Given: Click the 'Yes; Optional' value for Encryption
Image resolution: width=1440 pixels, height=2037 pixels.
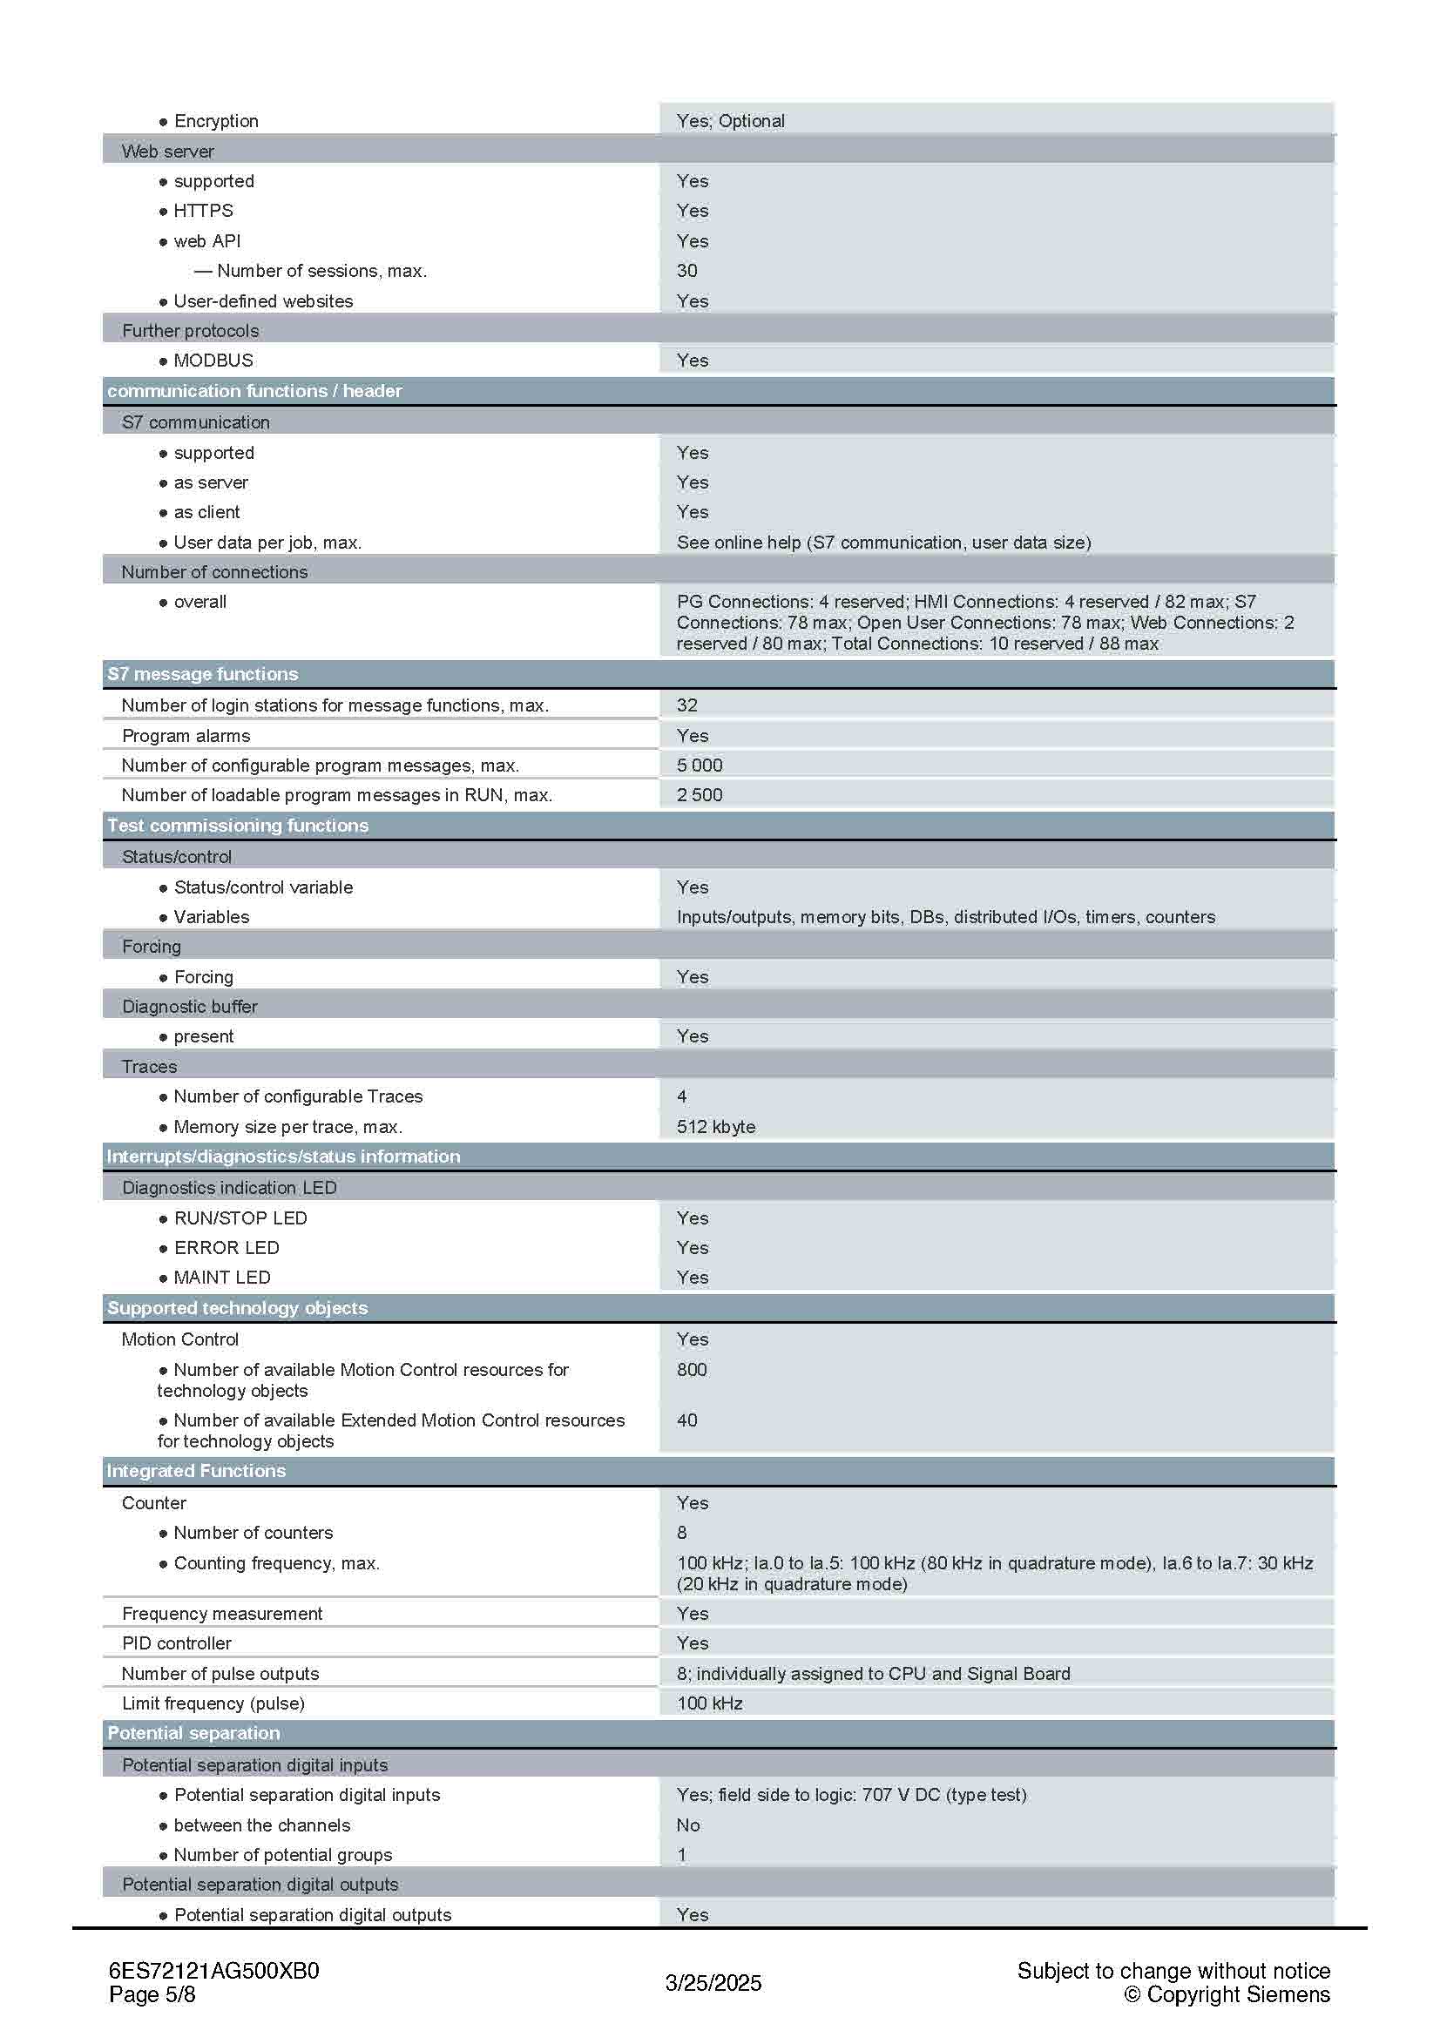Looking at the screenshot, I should click(x=730, y=121).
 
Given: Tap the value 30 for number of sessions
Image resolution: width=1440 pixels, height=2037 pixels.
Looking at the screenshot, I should click(x=686, y=271).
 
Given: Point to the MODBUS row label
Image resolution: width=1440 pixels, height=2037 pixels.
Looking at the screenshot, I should click(x=213, y=361).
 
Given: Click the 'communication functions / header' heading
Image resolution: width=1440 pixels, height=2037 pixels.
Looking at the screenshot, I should click(x=254, y=391).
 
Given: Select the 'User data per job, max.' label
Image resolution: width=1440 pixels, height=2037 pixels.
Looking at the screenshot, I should click(x=267, y=542).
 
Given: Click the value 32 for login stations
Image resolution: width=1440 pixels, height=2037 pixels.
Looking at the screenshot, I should click(x=686, y=705).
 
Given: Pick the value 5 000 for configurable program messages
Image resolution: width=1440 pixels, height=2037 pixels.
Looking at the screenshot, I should click(x=700, y=765).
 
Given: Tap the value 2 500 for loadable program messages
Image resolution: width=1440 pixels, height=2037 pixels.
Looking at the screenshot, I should click(x=700, y=795).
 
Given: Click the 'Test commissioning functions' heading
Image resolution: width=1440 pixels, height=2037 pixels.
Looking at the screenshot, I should click(x=238, y=826).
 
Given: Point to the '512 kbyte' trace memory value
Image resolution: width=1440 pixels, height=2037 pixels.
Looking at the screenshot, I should click(x=716, y=1127).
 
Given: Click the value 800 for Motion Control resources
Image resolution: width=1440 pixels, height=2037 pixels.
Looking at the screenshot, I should click(x=692, y=1370).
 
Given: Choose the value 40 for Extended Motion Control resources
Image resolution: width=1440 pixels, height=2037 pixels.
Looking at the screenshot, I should click(x=686, y=1420).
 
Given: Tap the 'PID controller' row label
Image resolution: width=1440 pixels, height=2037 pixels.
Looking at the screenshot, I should click(x=177, y=1643).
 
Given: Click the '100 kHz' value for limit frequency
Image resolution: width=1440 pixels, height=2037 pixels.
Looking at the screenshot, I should click(x=710, y=1703).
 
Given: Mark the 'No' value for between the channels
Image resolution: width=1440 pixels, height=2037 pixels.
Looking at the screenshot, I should click(x=687, y=1825).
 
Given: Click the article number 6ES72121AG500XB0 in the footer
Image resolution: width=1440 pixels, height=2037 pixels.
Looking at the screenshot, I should click(x=213, y=1971).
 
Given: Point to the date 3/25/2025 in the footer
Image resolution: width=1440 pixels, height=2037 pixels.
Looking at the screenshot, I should click(x=713, y=1983).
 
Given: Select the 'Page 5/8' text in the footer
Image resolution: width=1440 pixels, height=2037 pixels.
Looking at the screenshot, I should click(x=152, y=1994).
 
